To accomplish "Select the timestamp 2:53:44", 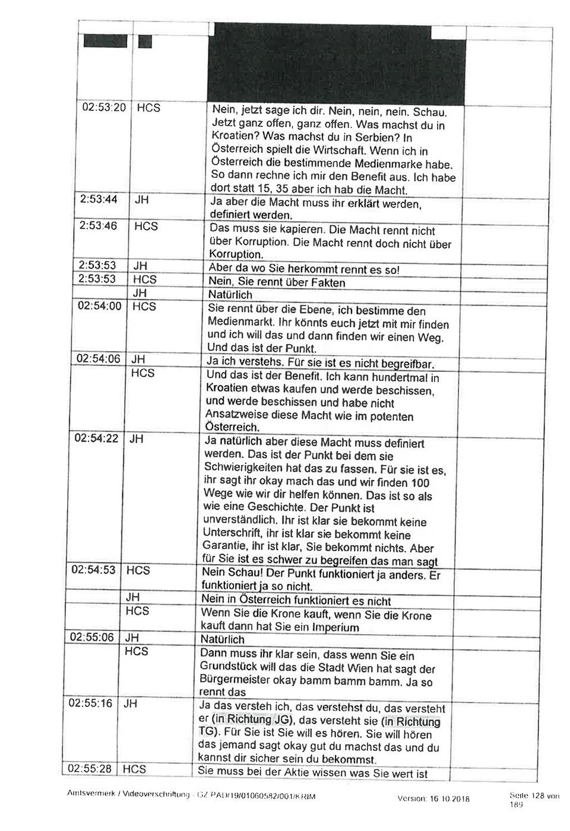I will [x=99, y=200].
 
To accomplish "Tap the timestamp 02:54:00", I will [x=100, y=306].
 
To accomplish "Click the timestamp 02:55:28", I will [x=91, y=769].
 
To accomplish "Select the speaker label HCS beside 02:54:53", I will [x=138, y=571].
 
